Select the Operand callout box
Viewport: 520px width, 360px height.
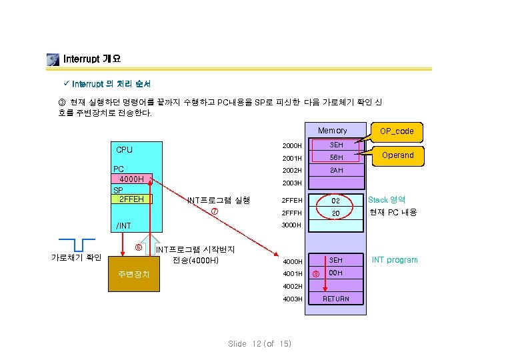398,155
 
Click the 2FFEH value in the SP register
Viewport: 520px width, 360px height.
131,199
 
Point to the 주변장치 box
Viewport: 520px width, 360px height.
133,274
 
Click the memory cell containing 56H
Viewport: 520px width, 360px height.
337,158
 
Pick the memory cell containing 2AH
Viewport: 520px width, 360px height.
337,171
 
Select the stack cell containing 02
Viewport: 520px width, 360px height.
337,200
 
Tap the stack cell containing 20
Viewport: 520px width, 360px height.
337,213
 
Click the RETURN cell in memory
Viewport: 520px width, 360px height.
337,299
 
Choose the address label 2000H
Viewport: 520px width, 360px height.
292,145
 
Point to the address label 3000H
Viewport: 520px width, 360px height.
292,225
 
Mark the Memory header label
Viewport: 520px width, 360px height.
332,131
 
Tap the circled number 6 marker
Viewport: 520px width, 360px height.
138,247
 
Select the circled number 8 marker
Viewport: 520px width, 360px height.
316,273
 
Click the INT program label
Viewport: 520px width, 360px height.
395,260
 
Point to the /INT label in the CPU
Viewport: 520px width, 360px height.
123,226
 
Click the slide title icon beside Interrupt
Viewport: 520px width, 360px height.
53,59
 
